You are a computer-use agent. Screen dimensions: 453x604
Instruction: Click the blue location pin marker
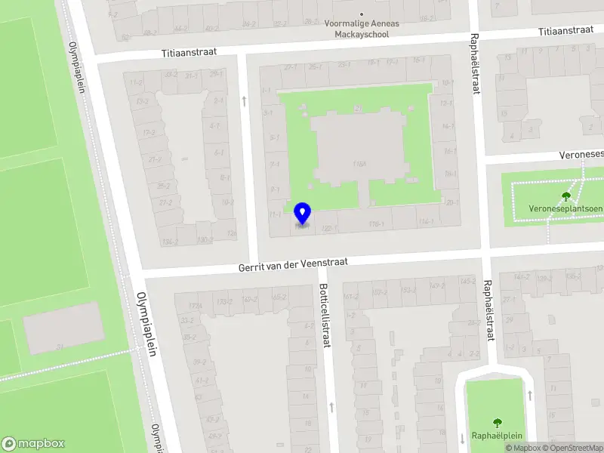point(302,214)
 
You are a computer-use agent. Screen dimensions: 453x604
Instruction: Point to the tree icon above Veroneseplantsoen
point(566,196)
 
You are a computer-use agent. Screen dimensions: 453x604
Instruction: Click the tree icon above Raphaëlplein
point(497,423)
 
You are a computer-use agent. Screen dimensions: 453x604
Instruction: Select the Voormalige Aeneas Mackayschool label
point(362,28)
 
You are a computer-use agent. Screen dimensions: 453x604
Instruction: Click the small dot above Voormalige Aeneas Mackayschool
point(362,14)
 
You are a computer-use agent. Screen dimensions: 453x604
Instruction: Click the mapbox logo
point(33,443)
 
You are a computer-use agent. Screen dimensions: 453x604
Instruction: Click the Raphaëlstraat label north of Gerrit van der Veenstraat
point(475,63)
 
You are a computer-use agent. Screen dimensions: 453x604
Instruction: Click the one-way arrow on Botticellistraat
point(331,407)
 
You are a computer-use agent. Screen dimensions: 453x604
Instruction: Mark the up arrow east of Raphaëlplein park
point(530,395)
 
